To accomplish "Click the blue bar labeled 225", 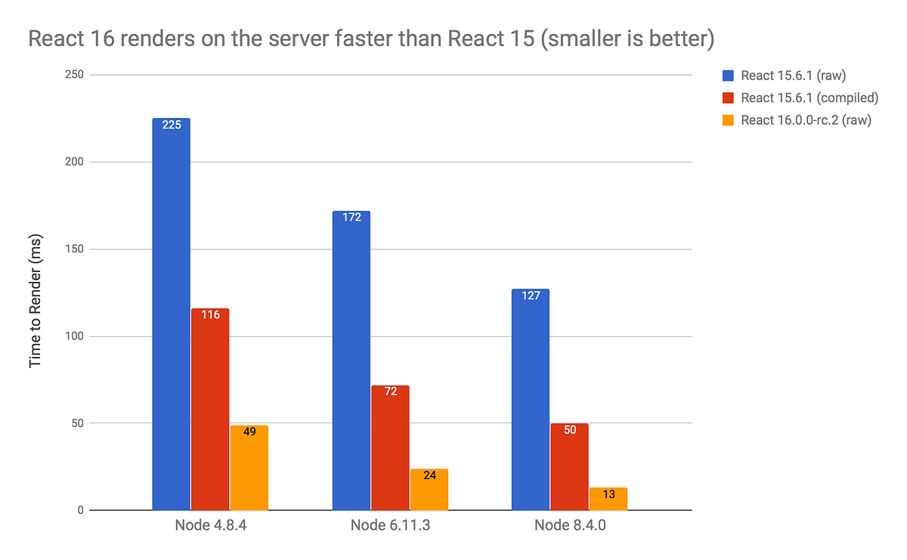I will click(171, 314).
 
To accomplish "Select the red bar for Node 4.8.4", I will click(210, 409).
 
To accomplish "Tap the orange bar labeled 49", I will click(249, 468).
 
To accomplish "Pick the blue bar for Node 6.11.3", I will click(351, 360).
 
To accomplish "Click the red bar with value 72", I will click(390, 447).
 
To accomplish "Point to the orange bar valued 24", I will click(429, 490).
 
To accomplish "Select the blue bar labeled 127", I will click(531, 399).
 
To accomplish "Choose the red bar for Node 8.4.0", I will click(569, 466).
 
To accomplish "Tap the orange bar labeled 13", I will click(608, 499).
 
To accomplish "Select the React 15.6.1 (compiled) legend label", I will click(809, 97).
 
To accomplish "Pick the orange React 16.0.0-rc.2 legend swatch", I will click(728, 119).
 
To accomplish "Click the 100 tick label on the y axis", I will click(73, 336).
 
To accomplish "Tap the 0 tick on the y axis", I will click(79, 511).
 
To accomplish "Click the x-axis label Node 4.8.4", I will click(210, 526).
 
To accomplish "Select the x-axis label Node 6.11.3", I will click(390, 526).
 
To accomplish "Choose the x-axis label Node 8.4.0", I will click(569, 526).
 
